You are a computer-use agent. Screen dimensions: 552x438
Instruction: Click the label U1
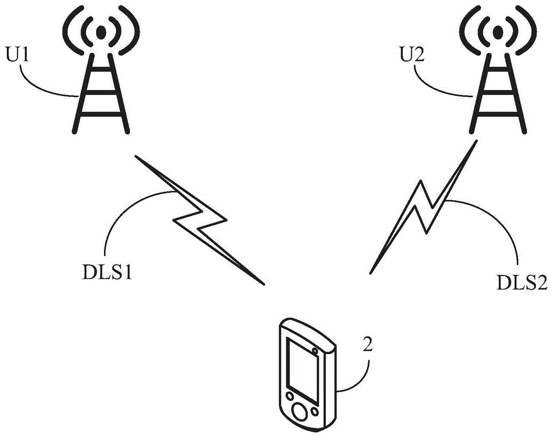click(17, 55)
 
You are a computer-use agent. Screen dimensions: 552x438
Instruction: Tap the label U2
click(412, 55)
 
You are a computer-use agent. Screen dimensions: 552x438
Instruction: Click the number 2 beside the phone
click(367, 345)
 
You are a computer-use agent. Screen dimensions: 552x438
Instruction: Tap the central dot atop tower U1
click(102, 33)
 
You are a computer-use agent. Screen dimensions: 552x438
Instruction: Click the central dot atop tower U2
click(497, 33)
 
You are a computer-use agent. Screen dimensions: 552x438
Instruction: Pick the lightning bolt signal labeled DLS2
click(423, 207)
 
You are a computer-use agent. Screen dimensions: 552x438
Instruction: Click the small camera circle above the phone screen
click(315, 351)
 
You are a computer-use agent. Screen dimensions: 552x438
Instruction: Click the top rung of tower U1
click(102, 71)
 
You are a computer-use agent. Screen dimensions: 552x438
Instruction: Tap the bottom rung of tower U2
click(497, 114)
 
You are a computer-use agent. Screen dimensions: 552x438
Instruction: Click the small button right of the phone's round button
click(315, 410)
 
